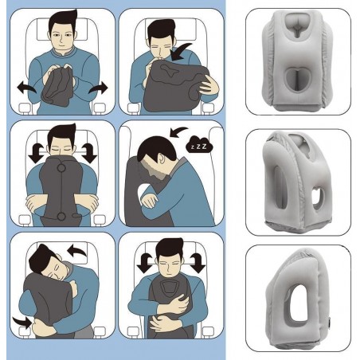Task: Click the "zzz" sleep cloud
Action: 199,145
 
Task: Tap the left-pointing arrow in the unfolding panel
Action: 26,88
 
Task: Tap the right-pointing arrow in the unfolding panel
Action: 99,88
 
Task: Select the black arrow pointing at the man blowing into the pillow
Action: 181,52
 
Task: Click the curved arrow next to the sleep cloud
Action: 178,132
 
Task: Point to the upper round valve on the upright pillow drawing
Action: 61,168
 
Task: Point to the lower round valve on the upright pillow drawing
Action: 61,217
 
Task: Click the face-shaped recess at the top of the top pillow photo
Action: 298,25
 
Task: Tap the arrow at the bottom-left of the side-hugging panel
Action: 22,322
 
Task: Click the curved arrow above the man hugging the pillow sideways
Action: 77,251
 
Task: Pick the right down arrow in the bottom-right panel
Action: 198,263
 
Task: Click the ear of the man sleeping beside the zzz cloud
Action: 161,159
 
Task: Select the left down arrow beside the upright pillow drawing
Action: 36,153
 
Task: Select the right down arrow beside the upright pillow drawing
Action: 89,153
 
